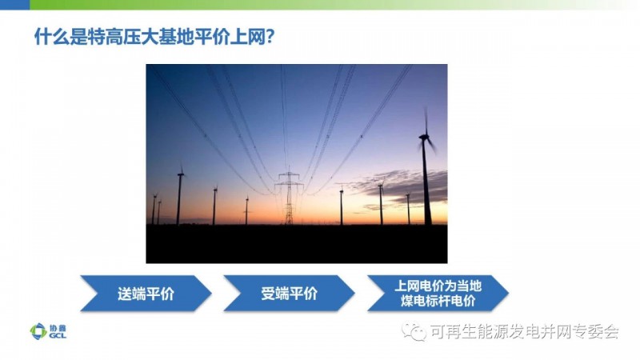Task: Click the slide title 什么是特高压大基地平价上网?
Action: tap(154, 37)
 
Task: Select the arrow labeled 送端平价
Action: tap(146, 294)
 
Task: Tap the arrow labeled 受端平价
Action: tap(289, 294)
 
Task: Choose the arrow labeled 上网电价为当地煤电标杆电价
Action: tap(438, 294)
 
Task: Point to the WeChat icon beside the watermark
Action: tap(413, 331)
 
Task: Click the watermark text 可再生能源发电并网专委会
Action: tap(525, 331)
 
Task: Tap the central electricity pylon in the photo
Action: tap(289, 197)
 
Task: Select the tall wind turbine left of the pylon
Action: tap(179, 195)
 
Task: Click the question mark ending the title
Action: tap(270, 37)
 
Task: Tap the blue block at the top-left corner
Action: tap(14, 5)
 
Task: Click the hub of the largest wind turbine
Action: tap(424, 138)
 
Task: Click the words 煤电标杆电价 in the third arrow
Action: tap(438, 302)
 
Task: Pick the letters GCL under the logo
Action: tap(58, 335)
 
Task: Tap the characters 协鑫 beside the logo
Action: tap(58, 328)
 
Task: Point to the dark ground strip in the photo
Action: tap(297, 244)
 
